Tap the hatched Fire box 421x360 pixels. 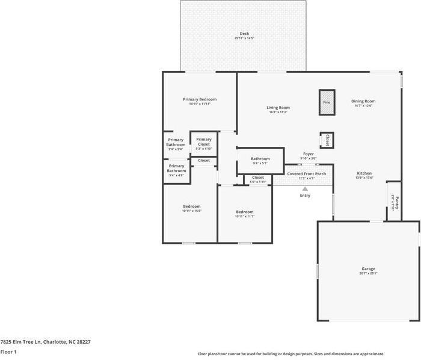pyautogui.click(x=327, y=102)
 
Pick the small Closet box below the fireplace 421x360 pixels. pyautogui.click(x=327, y=140)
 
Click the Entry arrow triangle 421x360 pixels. pyautogui.click(x=305, y=189)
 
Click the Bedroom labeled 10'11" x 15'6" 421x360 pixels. pyautogui.click(x=191, y=208)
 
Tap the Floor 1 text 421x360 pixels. pyautogui.click(x=8, y=352)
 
